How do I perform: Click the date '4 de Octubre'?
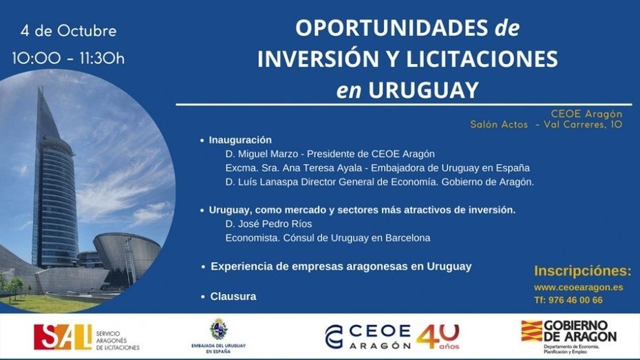pyautogui.click(x=69, y=31)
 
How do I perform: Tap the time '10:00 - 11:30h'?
pyautogui.click(x=68, y=58)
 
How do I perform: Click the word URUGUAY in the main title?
pyautogui.click(x=423, y=89)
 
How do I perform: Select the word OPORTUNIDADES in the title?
pyautogui.click(x=392, y=28)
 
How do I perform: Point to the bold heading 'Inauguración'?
pyautogui.click(x=240, y=140)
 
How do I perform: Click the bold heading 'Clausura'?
pyautogui.click(x=233, y=296)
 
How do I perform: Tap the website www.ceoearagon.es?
pyautogui.click(x=578, y=287)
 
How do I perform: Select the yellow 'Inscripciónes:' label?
pyautogui.click(x=582, y=271)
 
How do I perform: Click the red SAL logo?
pyautogui.click(x=63, y=337)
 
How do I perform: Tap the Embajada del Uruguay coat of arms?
pyautogui.click(x=219, y=330)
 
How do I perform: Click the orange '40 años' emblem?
pyautogui.click(x=438, y=337)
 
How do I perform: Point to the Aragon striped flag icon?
pyautogui.click(x=531, y=331)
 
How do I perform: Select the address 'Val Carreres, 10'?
pyautogui.click(x=584, y=125)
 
